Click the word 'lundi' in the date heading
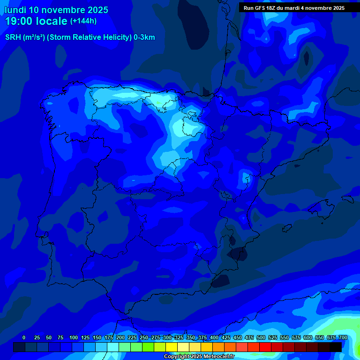[x=15, y=10]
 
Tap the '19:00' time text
[x=18, y=22]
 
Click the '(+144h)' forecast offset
[x=84, y=21]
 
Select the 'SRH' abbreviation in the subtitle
[x=13, y=37]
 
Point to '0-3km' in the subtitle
[x=144, y=37]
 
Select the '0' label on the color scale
[x=24, y=337]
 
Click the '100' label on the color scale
[x=74, y=337]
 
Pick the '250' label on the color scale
[x=144, y=337]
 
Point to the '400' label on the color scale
[x=214, y=337]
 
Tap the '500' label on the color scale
[x=261, y=337]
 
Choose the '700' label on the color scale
[x=343, y=337]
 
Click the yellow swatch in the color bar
[x=172, y=347]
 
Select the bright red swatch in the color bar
[x=265, y=347]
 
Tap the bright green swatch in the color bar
[x=148, y=347]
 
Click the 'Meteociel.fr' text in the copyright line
[x=217, y=357]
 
